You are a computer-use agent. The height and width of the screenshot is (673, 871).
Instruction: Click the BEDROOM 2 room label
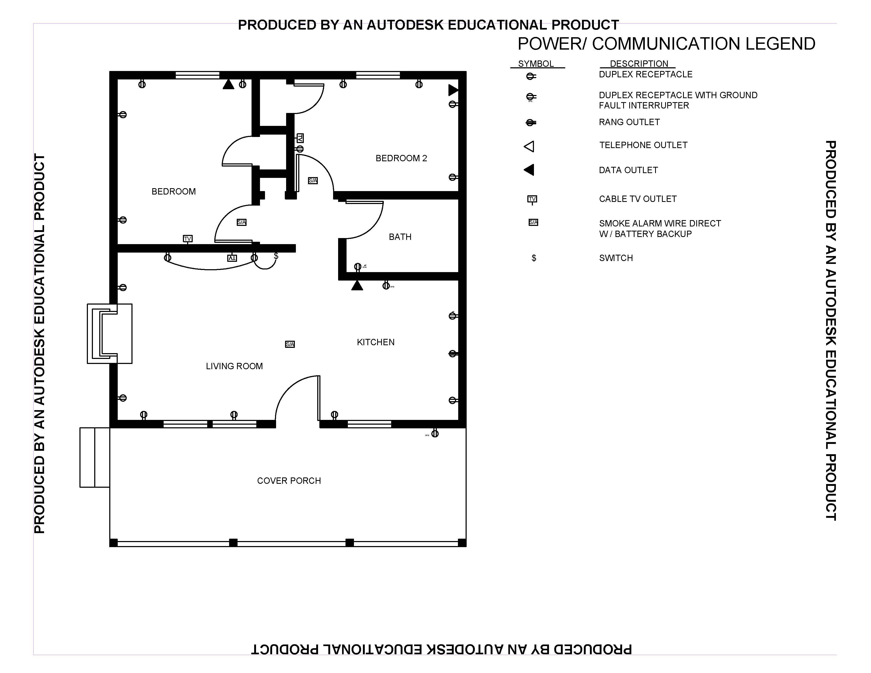[401, 158]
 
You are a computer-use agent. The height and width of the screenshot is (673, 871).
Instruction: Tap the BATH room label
[400, 237]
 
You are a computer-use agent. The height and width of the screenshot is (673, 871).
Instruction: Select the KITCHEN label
[376, 342]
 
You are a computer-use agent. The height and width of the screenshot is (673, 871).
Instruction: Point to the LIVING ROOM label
[234, 366]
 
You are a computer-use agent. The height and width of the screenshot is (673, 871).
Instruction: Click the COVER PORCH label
[289, 481]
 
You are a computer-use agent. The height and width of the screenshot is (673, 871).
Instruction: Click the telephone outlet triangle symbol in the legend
[529, 146]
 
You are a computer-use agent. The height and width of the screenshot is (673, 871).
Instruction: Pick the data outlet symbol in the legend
[529, 170]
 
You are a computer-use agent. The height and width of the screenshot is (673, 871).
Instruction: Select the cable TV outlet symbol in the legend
[532, 199]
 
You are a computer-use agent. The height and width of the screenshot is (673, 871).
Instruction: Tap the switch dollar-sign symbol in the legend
[534, 258]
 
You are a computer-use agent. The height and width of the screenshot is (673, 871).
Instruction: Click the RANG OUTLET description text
[629, 122]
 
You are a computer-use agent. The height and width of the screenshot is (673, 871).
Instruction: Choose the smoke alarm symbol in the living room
[290, 344]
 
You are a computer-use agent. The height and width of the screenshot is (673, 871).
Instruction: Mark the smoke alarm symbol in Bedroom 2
[313, 181]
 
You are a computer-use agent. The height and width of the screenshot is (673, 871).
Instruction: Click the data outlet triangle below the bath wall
[357, 286]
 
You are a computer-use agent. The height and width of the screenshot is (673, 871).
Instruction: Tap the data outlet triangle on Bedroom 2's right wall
[453, 90]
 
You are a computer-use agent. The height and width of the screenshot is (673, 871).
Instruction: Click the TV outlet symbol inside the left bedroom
[187, 239]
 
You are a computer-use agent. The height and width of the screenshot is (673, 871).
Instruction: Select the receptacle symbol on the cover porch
[435, 433]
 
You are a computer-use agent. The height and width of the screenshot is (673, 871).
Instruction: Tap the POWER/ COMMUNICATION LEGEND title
[666, 44]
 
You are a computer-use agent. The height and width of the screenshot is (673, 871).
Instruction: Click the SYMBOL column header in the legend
[536, 64]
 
